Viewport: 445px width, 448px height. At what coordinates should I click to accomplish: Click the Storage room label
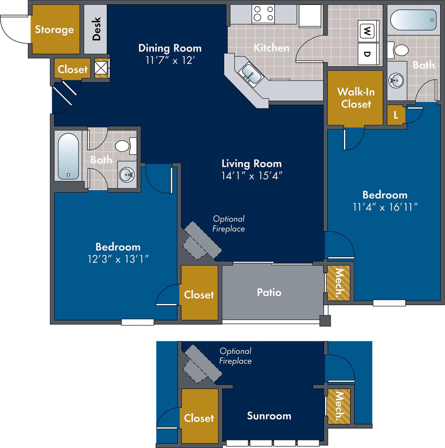pyautogui.click(x=54, y=30)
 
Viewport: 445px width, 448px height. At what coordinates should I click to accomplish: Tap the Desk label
pyautogui.click(x=96, y=29)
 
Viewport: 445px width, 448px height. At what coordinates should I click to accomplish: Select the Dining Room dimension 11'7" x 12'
pyautogui.click(x=170, y=60)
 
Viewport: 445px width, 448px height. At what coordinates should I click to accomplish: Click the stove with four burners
pyautogui.click(x=263, y=14)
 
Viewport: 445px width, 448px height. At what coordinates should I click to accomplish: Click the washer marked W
pyautogui.click(x=367, y=32)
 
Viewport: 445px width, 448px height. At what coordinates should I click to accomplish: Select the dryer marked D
pyautogui.click(x=367, y=54)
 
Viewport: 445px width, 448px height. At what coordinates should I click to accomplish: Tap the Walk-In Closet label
pyautogui.click(x=356, y=98)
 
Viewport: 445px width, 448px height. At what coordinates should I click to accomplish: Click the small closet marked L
pyautogui.click(x=396, y=115)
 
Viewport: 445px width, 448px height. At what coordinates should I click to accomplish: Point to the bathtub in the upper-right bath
pyautogui.click(x=413, y=20)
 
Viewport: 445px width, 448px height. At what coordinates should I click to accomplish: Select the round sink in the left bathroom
pyautogui.click(x=126, y=174)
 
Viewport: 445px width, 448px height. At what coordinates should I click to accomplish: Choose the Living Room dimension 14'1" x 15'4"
pyautogui.click(x=252, y=176)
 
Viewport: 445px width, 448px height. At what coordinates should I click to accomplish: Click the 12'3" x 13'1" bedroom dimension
pyautogui.click(x=118, y=259)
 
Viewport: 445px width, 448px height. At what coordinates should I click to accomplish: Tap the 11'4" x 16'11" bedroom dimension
pyautogui.click(x=385, y=207)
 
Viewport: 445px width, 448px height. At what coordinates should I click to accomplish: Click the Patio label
pyautogui.click(x=269, y=292)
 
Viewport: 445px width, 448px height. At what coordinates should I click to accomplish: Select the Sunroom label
pyautogui.click(x=269, y=416)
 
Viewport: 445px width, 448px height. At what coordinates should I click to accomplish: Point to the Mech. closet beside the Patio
pyautogui.click(x=338, y=283)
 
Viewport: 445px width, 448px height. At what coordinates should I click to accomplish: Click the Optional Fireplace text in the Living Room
pyautogui.click(x=229, y=224)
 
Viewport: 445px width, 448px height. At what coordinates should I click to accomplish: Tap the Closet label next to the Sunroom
pyautogui.click(x=199, y=418)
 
